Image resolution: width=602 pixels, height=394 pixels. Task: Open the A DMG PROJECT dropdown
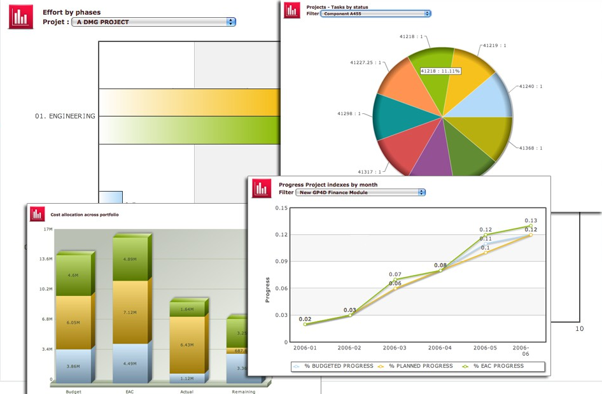[153, 22]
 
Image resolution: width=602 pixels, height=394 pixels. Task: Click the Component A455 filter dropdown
[375, 13]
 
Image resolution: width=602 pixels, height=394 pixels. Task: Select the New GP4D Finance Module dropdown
[360, 192]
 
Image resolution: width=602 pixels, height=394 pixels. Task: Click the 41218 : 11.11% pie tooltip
[440, 71]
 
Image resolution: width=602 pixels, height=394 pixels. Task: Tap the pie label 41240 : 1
[531, 86]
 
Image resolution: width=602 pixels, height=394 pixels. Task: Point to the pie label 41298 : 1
[349, 113]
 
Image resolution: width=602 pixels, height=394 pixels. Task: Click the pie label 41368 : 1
[531, 148]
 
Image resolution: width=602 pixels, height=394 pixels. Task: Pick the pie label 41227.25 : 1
[365, 62]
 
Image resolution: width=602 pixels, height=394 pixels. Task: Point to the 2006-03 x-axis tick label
[395, 348]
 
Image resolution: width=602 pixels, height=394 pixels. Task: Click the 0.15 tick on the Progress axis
[281, 208]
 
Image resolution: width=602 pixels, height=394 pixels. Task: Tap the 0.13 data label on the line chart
[531, 220]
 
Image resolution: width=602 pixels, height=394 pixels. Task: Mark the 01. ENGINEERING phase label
[66, 116]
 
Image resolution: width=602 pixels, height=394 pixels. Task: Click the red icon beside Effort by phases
[20, 17]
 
